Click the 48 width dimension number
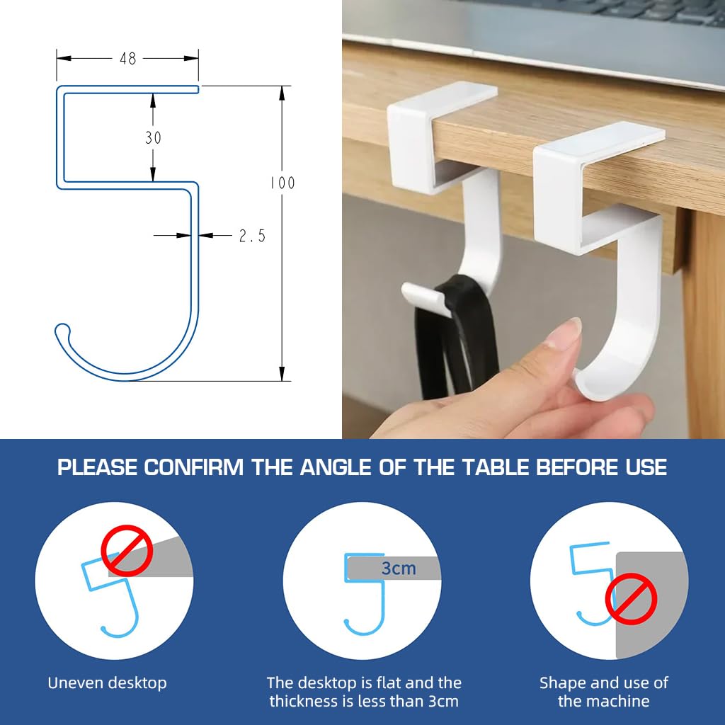click(x=127, y=59)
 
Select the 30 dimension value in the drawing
click(x=153, y=138)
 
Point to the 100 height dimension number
click(x=282, y=183)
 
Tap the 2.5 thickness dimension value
click(x=251, y=236)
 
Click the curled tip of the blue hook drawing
click(x=62, y=330)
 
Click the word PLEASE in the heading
click(x=98, y=468)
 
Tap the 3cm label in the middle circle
click(x=399, y=568)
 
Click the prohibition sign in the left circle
click(x=127, y=549)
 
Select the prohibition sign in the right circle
click(x=631, y=599)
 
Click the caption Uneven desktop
click(x=107, y=683)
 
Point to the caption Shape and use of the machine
click(x=603, y=692)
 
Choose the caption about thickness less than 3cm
click(x=364, y=692)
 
